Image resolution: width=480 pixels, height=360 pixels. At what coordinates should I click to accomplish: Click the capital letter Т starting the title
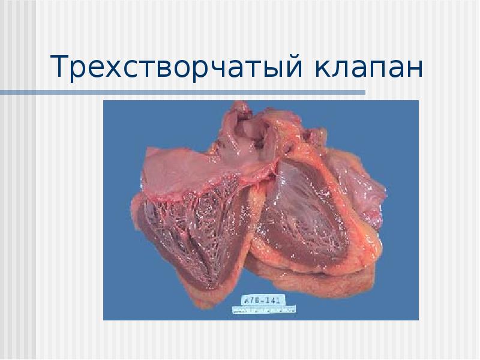pos(59,67)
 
